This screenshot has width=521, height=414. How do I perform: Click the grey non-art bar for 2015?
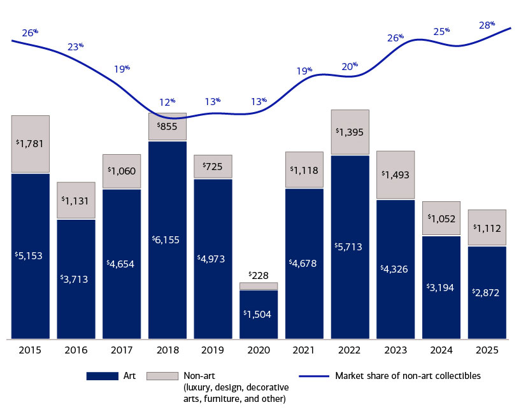[x=31, y=144]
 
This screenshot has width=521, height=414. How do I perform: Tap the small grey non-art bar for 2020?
[x=259, y=286]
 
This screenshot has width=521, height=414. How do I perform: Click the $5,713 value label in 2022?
[x=350, y=246]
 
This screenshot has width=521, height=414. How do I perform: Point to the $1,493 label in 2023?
[x=396, y=175]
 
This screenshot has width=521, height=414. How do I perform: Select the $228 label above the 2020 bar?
[x=259, y=275]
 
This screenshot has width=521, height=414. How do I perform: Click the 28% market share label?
[x=487, y=25]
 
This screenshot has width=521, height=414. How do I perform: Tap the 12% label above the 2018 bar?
[x=167, y=102]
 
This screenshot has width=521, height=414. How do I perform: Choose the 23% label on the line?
[x=76, y=46]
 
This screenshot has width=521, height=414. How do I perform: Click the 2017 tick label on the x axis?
[x=122, y=350]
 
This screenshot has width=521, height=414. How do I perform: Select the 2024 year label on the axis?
[x=441, y=350]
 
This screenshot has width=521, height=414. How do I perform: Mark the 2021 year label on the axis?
[x=304, y=350]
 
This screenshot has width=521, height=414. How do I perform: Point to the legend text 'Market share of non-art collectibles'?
[x=408, y=376]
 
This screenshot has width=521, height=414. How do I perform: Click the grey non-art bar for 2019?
[x=213, y=166]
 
